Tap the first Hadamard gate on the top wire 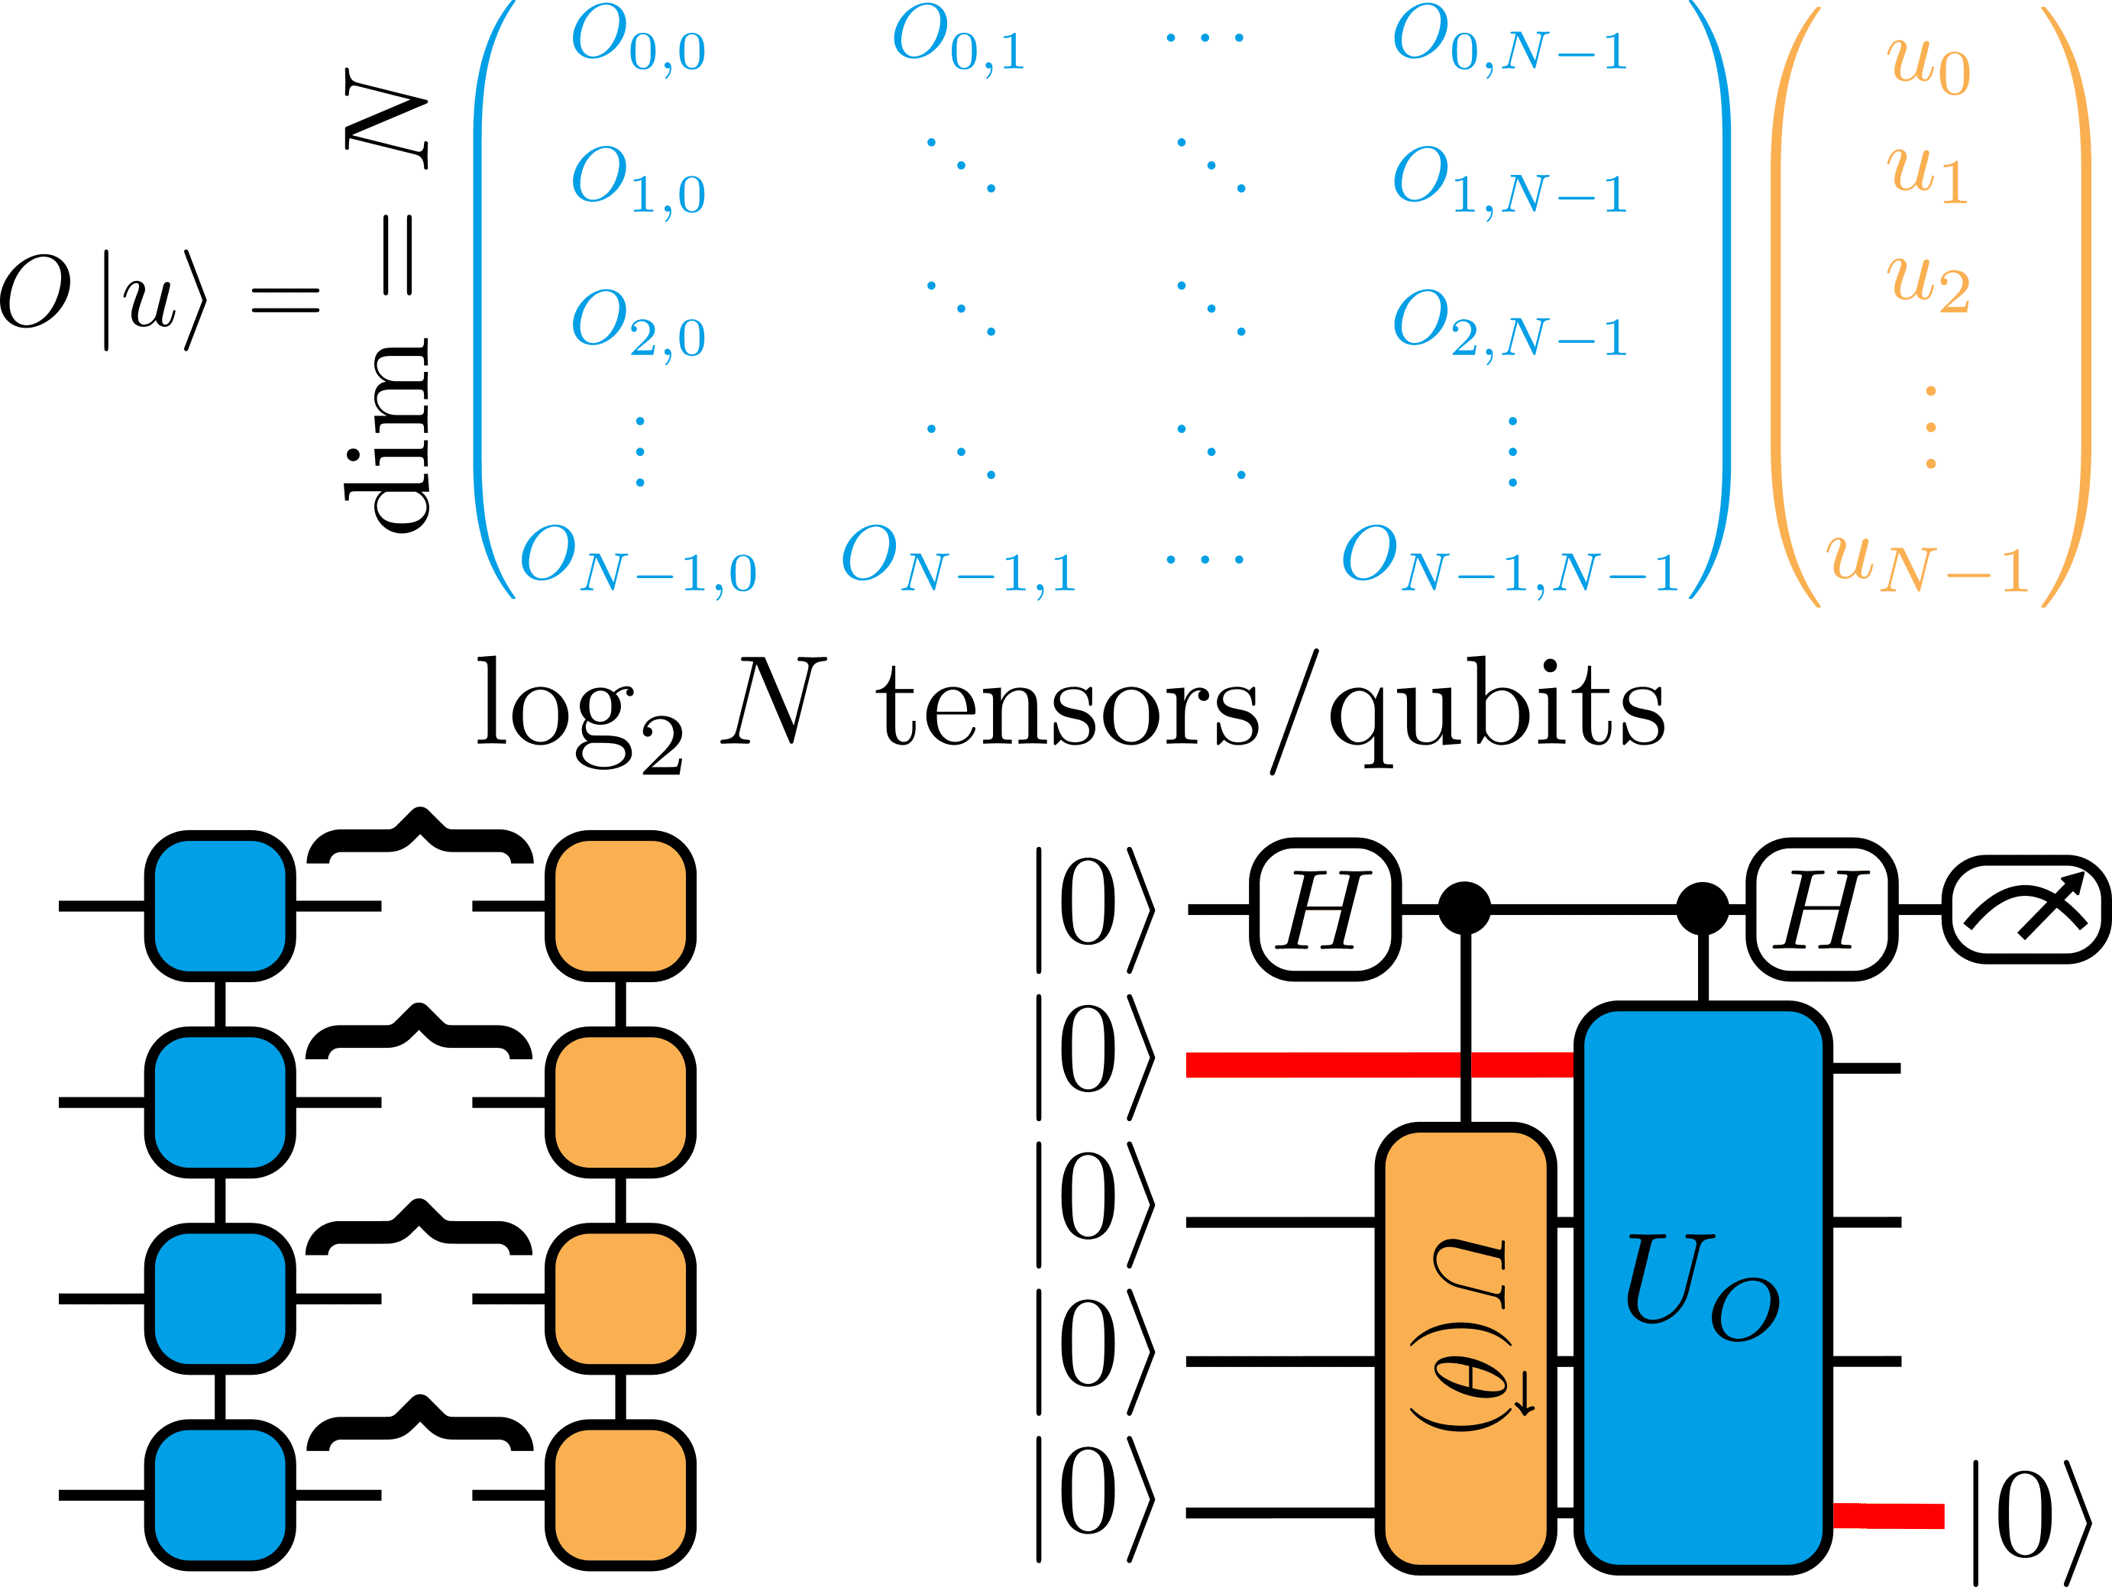tap(1324, 909)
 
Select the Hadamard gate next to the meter tap(1821, 909)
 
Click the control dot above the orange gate tap(1465, 908)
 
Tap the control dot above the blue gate tap(1703, 908)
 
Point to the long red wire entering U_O tap(1375, 1064)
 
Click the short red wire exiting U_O tap(1888, 1515)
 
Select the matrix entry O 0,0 tap(637, 43)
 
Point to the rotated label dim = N tap(386, 296)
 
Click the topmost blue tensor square tap(220, 905)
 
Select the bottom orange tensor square tap(620, 1495)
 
